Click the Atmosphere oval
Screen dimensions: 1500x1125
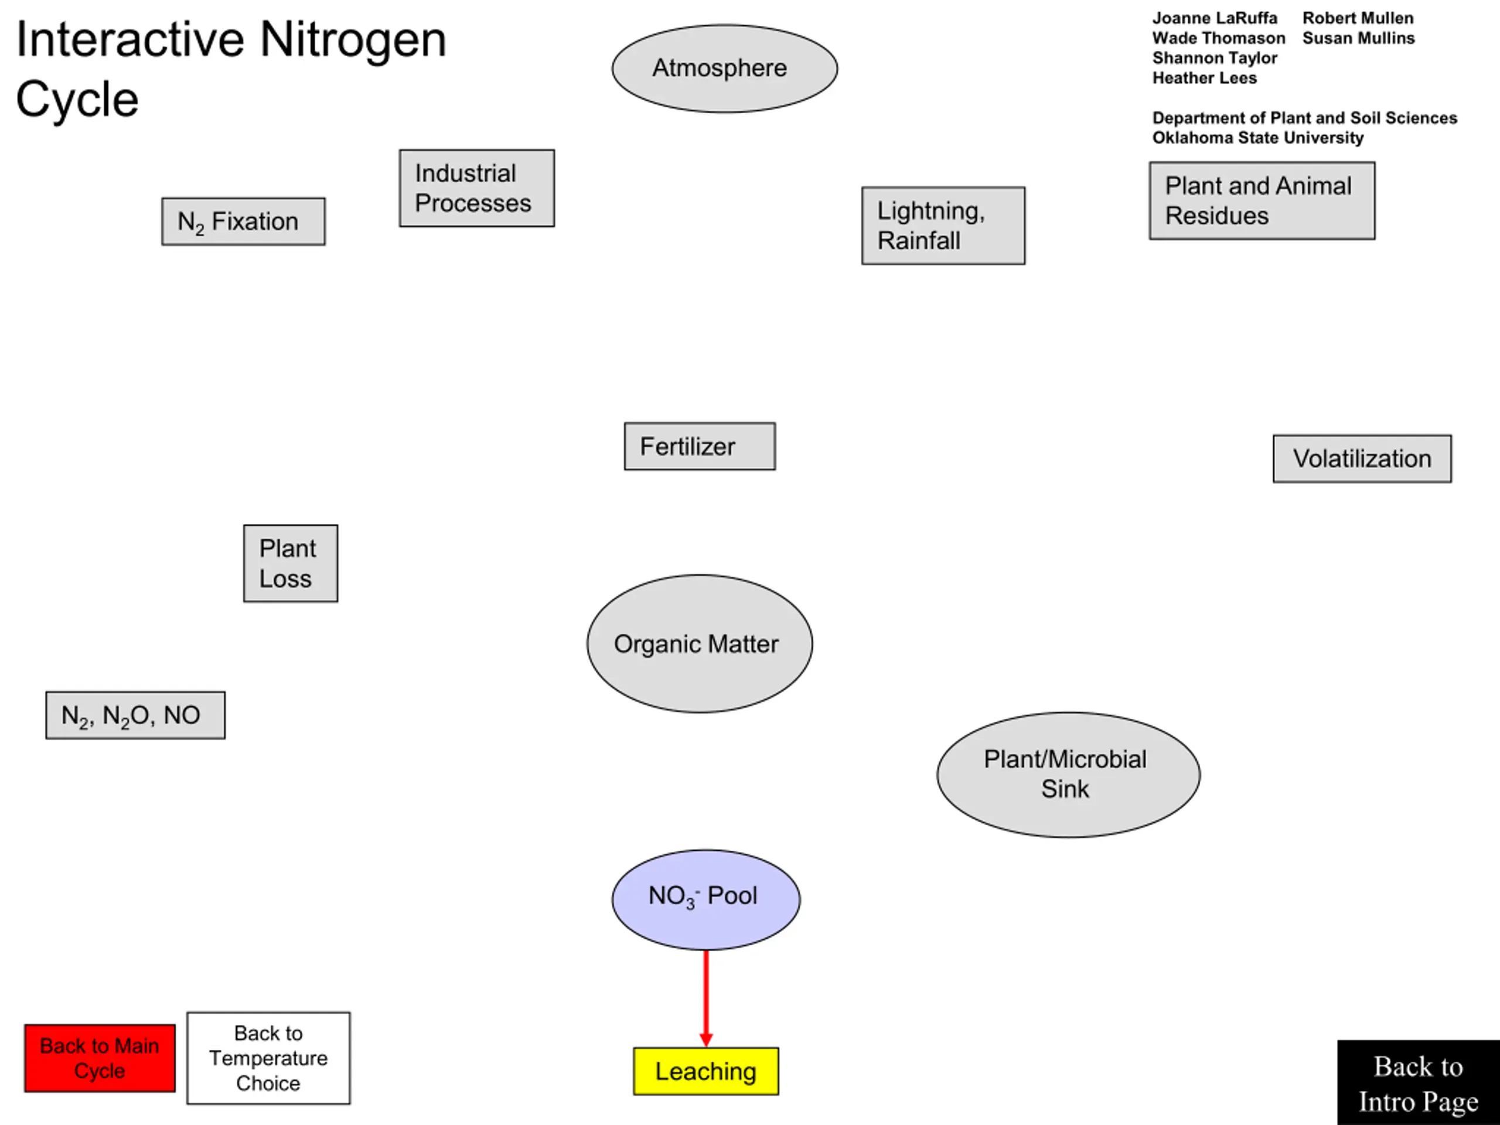coord(724,69)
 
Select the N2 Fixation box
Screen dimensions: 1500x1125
coord(243,221)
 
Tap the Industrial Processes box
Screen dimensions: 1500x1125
coord(477,189)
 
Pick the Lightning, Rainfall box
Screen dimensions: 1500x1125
coord(943,226)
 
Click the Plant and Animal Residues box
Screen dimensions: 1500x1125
coord(1262,201)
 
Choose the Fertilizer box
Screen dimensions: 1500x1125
coord(700,446)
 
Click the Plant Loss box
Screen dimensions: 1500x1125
coord(291,564)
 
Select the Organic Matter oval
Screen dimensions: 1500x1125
coord(700,643)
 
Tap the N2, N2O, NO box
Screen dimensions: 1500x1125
coord(135,715)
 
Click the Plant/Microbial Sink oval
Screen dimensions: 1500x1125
coord(1069,775)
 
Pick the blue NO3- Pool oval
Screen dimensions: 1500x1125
coord(706,900)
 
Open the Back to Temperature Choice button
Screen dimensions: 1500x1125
coord(268,1059)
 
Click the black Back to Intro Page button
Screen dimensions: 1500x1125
coord(1419,1083)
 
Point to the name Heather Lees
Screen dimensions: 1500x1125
coord(1204,78)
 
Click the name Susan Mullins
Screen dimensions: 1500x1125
coord(1358,38)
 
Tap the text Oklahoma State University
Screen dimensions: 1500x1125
coord(1258,138)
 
